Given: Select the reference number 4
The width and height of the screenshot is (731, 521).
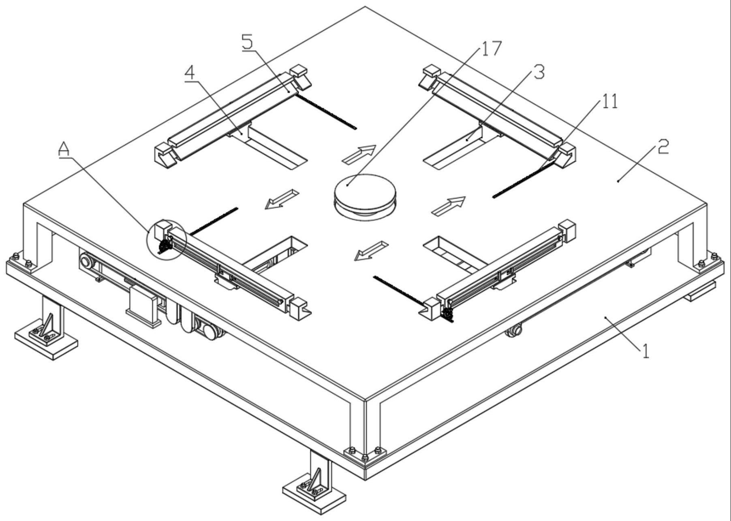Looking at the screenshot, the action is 191,73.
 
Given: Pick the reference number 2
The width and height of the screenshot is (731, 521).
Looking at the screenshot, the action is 663,147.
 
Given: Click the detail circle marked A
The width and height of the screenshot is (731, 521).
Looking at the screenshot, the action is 166,240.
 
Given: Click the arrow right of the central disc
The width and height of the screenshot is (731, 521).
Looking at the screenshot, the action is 448,206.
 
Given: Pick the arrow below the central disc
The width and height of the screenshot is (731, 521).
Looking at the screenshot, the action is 372,251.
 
